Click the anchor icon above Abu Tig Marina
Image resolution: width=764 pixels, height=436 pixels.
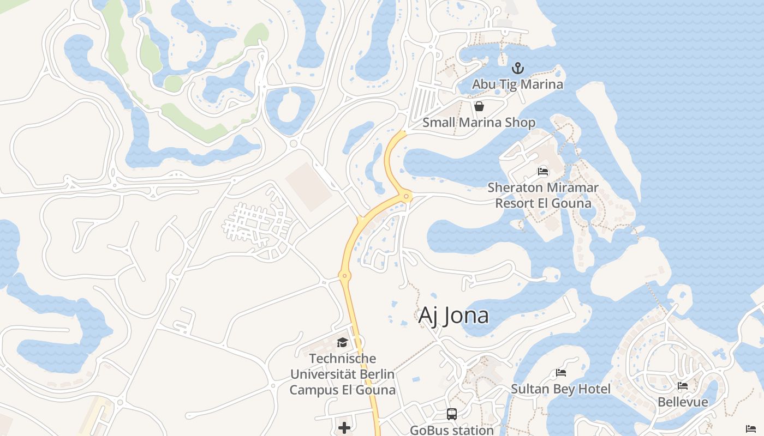pos(517,69)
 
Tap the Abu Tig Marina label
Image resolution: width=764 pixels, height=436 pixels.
pos(517,84)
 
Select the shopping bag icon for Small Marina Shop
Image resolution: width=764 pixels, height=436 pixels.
pos(479,106)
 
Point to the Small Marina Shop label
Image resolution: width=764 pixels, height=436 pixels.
pos(479,123)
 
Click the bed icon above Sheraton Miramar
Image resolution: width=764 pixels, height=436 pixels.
pos(543,171)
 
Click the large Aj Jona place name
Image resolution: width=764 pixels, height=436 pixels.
pos(453,316)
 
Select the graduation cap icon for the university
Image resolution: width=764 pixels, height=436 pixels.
pos(342,342)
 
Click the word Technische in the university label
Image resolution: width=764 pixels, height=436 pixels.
pos(342,359)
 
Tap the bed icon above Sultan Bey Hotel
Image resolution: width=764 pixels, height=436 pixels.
pos(560,373)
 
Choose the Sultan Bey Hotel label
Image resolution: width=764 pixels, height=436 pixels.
pos(560,389)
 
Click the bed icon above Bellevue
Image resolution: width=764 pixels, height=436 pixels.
pos(683,386)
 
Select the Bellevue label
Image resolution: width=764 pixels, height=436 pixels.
pos(683,402)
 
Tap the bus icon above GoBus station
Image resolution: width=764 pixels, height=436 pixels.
pos(452,414)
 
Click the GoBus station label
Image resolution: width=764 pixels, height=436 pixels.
pos(452,430)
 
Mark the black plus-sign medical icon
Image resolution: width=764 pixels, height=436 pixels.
pos(344,428)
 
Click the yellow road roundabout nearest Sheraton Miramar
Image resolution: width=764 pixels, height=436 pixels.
pos(406,197)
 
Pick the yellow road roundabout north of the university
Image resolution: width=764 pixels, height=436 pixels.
pos(344,276)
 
